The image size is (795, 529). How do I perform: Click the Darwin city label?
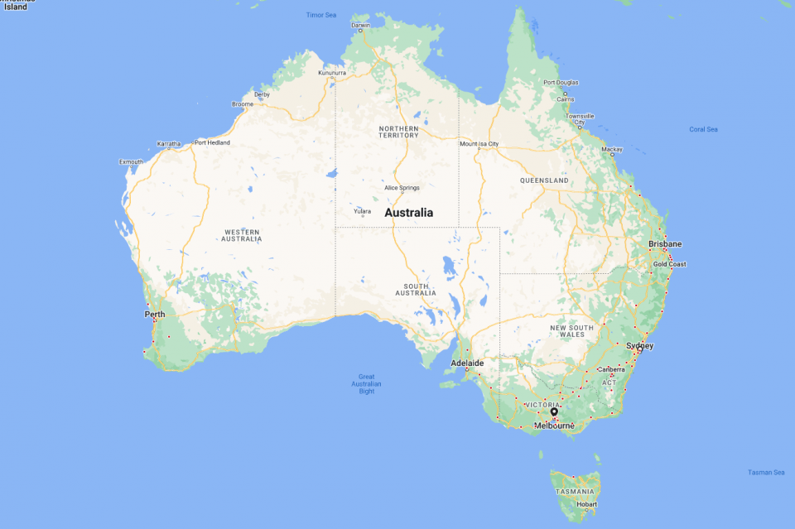(x=361, y=25)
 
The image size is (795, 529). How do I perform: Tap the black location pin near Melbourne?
(x=554, y=411)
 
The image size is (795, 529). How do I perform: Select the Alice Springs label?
(x=402, y=188)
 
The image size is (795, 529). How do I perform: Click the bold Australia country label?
(x=409, y=213)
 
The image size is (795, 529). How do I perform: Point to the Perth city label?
(x=155, y=315)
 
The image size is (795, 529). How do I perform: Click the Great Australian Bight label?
(x=366, y=384)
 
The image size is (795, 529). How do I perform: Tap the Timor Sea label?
(x=321, y=15)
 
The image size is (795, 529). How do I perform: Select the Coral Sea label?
(x=703, y=129)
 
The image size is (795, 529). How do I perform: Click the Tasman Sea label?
(x=766, y=472)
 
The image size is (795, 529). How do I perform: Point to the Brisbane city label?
(x=665, y=244)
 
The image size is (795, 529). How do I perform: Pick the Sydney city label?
(x=640, y=345)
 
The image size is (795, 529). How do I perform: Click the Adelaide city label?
(x=467, y=363)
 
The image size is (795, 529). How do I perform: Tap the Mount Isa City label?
(x=479, y=144)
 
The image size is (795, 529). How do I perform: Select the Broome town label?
(x=243, y=104)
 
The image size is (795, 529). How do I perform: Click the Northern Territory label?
(x=398, y=132)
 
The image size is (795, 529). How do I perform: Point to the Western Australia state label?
(x=241, y=235)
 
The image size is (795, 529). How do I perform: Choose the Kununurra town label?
(x=332, y=73)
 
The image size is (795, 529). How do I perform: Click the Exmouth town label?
(x=131, y=161)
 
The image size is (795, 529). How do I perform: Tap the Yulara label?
(x=363, y=211)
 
